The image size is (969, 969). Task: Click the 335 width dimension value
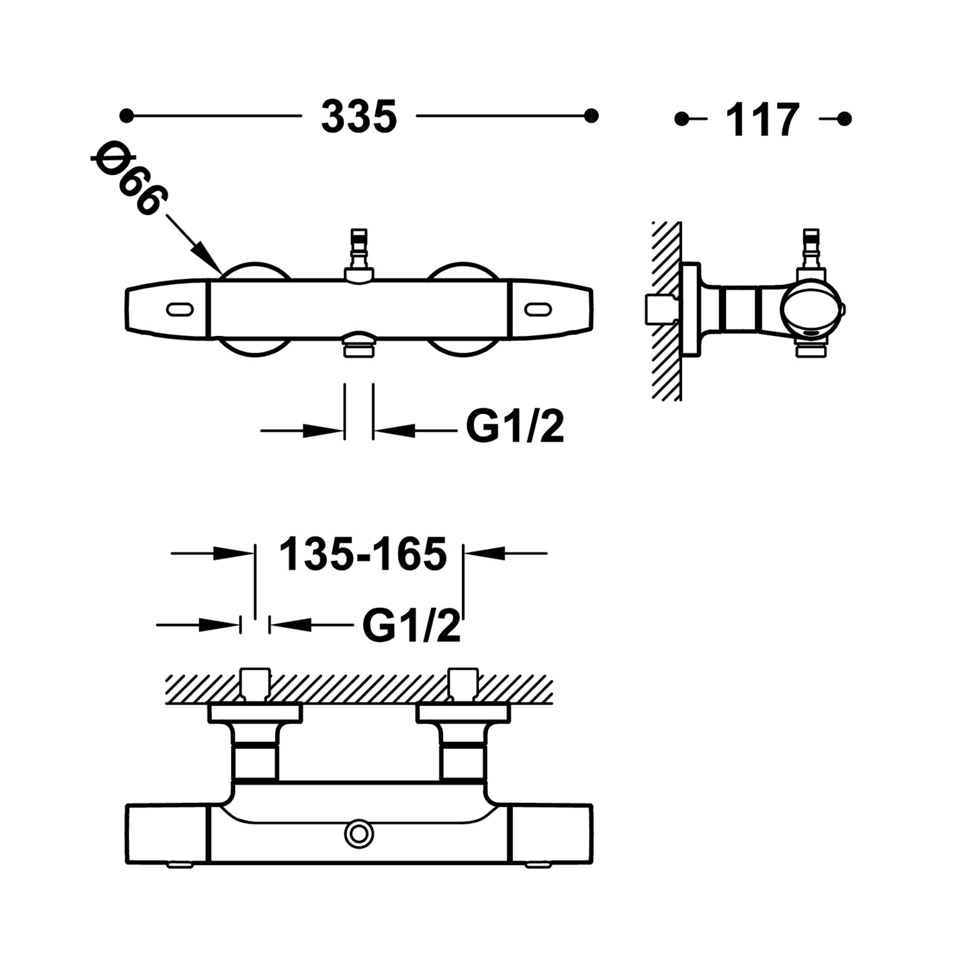(359, 118)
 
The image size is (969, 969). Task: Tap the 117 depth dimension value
(763, 120)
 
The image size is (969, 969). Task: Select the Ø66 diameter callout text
(128, 180)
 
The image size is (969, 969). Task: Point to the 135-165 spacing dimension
(362, 554)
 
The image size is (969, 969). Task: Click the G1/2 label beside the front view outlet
(515, 426)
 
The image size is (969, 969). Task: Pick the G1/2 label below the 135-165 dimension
(412, 625)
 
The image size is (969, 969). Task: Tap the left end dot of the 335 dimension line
(127, 116)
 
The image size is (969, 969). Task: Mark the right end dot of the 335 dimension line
(590, 116)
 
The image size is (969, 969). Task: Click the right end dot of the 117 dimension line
(844, 119)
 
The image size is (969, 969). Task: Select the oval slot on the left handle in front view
(180, 310)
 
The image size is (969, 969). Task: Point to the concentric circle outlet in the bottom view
(359, 834)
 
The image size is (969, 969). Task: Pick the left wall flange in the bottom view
(255, 713)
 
